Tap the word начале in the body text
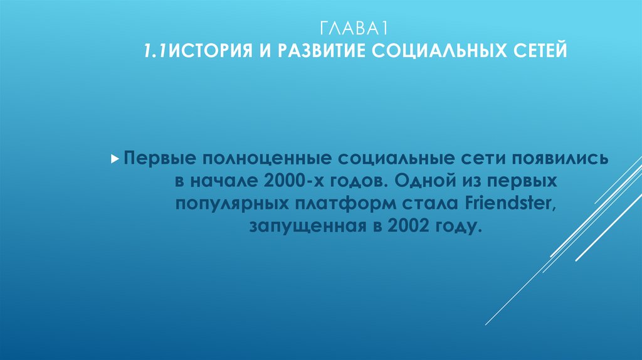pos(224,181)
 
